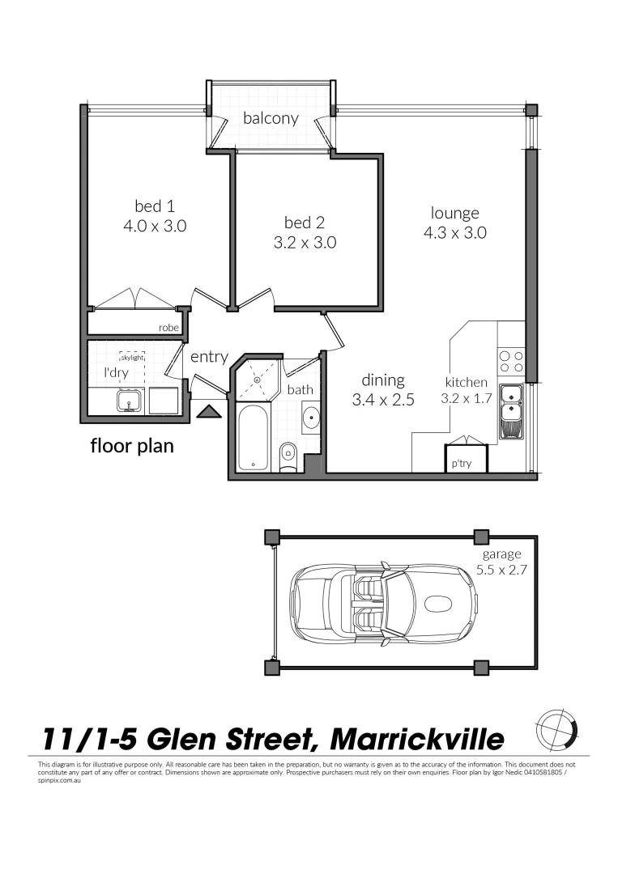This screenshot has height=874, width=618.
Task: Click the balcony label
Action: (x=271, y=118)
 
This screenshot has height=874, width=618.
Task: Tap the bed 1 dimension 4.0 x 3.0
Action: (x=155, y=227)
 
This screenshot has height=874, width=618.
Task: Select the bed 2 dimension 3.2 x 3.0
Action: (x=305, y=242)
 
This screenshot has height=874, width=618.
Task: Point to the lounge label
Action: (x=454, y=214)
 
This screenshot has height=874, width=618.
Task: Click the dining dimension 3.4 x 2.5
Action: (x=383, y=399)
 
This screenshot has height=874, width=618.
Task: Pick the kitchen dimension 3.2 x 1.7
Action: (x=467, y=398)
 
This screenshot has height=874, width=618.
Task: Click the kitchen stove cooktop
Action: (x=510, y=358)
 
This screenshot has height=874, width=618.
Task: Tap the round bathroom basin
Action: (x=311, y=418)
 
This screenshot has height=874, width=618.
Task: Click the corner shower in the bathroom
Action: (x=258, y=375)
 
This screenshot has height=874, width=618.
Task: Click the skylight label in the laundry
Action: (x=131, y=356)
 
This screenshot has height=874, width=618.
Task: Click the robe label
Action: (x=168, y=328)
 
